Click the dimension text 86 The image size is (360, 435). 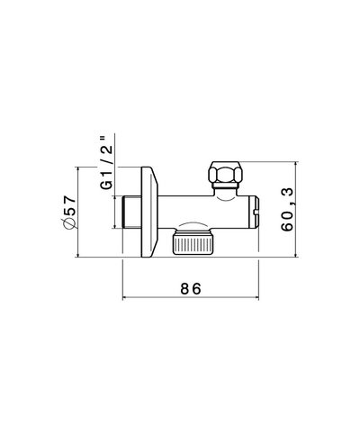[x=189, y=288]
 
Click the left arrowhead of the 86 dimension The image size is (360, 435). [x=124, y=299]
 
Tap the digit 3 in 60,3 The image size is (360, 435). [x=287, y=191]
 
